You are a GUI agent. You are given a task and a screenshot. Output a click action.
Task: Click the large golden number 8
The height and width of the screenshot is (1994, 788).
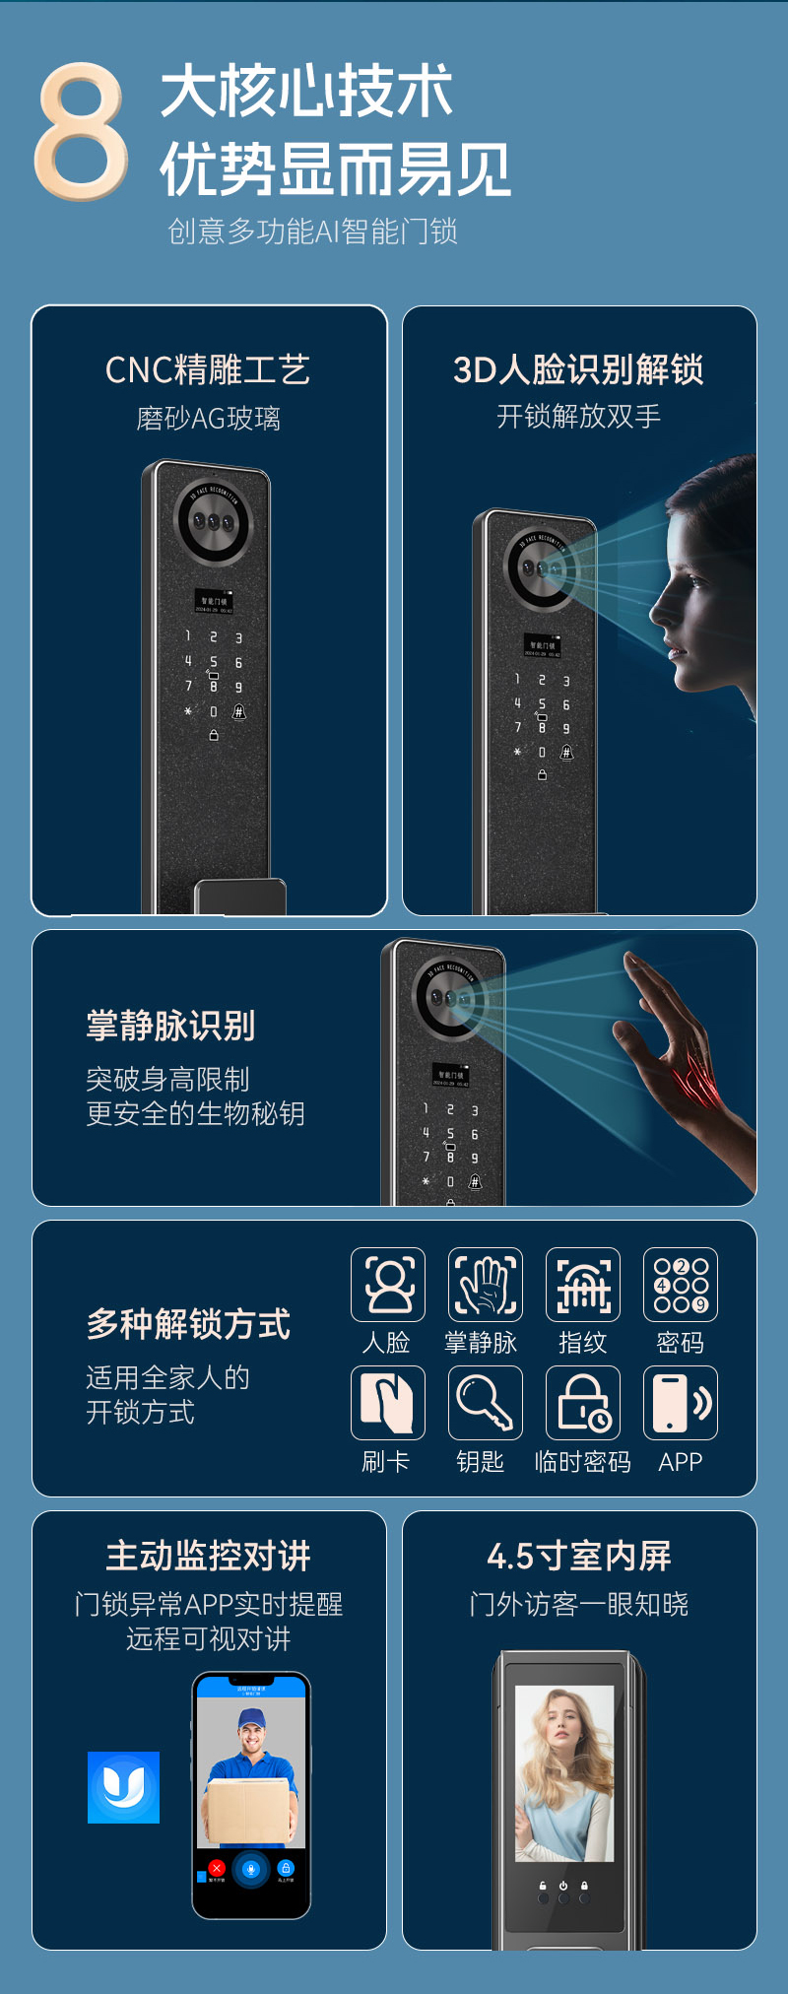(x=81, y=131)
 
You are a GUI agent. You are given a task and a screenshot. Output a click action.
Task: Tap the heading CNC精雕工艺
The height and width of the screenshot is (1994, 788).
(x=208, y=370)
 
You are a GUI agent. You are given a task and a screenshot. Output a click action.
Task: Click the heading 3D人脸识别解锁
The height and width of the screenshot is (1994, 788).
(x=578, y=370)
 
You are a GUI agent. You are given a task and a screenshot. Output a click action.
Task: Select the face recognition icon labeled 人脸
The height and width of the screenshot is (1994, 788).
(x=388, y=1284)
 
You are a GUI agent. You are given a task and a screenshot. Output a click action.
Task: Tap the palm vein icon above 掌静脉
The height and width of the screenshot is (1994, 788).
(x=485, y=1284)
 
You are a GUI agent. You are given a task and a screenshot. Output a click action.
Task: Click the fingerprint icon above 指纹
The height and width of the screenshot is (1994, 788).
(x=583, y=1284)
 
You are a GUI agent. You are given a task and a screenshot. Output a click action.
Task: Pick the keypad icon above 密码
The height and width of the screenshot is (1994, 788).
(x=680, y=1284)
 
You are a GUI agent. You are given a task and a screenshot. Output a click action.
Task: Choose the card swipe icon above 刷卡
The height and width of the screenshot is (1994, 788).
(x=388, y=1402)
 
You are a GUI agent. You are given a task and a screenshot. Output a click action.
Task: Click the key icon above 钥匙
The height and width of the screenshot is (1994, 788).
(x=485, y=1402)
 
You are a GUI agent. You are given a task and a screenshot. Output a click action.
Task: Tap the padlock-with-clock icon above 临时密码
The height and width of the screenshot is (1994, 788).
(x=583, y=1402)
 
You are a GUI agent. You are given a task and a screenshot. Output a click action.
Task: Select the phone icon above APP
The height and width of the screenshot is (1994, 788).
(x=680, y=1402)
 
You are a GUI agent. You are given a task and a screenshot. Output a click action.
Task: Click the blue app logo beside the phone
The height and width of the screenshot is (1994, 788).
(x=123, y=1787)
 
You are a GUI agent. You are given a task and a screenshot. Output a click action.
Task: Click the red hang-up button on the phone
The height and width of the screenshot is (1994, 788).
(x=218, y=1868)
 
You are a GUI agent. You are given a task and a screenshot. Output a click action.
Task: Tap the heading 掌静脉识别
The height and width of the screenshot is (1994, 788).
(x=170, y=1026)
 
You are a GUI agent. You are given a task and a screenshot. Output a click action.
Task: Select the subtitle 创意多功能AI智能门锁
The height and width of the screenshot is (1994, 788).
(x=312, y=232)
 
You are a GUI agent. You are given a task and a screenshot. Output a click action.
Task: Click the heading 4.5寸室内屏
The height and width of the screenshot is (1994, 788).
(x=578, y=1557)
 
